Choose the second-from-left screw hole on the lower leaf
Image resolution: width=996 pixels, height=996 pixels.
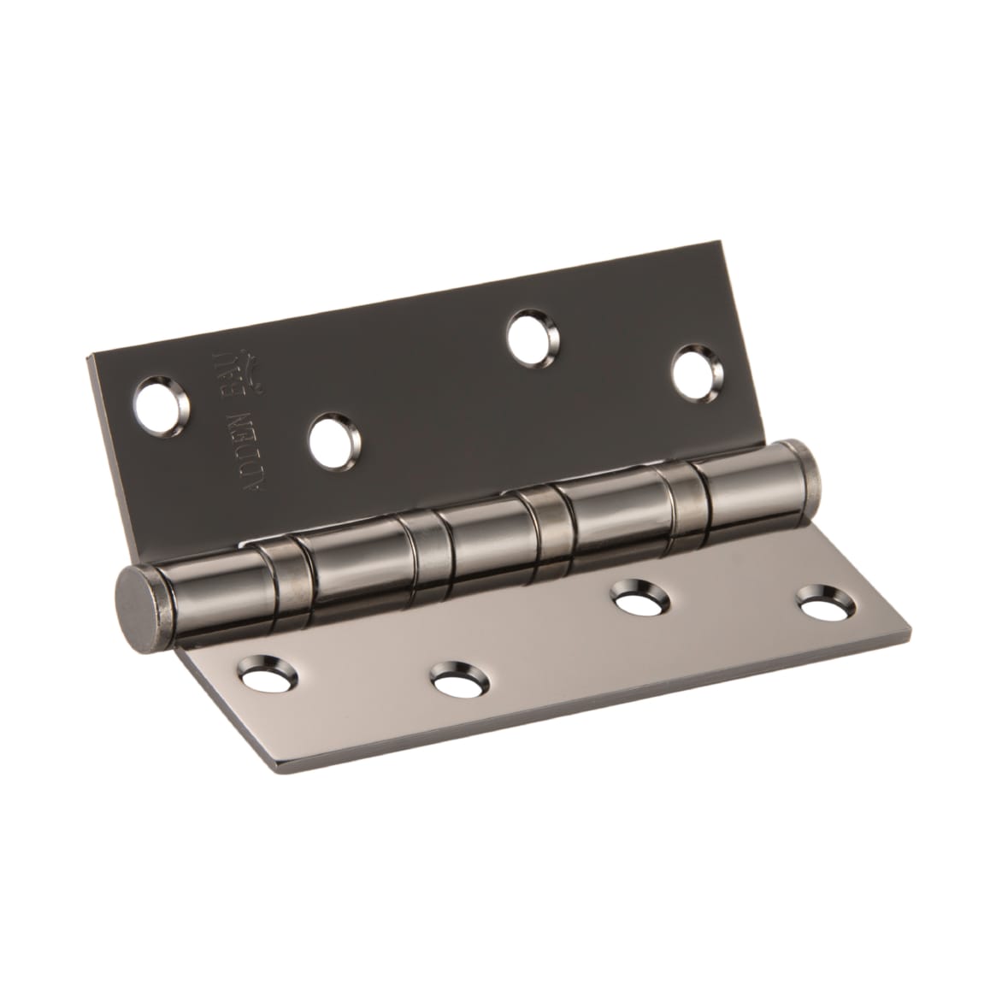click(x=459, y=681)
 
